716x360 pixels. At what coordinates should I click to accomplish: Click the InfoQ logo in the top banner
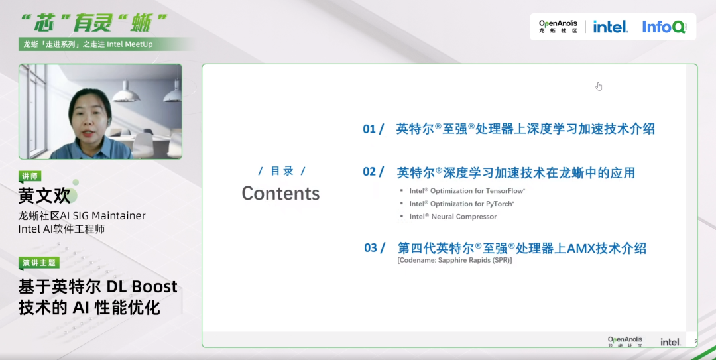tap(664, 27)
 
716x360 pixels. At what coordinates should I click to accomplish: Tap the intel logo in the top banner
tap(611, 27)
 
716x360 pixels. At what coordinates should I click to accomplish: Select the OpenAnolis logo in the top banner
tap(558, 27)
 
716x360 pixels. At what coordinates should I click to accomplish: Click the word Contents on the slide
tap(280, 193)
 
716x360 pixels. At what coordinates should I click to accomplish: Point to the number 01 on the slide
tap(369, 129)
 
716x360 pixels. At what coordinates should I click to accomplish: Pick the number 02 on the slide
tap(369, 172)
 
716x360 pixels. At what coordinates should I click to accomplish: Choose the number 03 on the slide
tap(371, 248)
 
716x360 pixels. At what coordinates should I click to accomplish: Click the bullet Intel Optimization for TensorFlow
tap(467, 191)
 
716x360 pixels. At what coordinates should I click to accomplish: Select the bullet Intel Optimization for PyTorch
tap(461, 204)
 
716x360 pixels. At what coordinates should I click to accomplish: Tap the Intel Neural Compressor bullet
tap(453, 217)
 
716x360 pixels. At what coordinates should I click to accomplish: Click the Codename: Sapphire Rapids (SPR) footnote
tap(455, 260)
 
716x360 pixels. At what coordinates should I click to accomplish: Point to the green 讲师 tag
tap(30, 176)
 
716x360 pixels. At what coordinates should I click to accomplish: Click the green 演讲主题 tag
tap(39, 263)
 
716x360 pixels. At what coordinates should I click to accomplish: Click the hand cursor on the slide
tap(599, 86)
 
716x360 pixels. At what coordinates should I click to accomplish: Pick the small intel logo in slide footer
tap(670, 341)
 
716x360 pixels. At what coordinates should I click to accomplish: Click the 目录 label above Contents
tap(282, 171)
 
